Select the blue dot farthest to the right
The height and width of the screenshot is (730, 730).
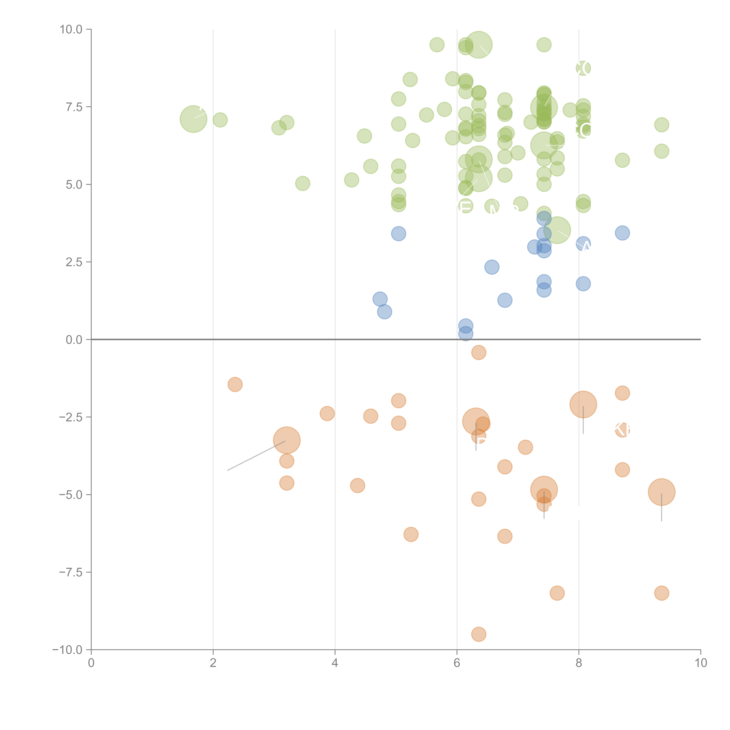[622, 233]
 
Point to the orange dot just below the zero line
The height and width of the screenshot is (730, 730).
[478, 353]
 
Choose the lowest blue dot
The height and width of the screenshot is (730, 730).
[465, 334]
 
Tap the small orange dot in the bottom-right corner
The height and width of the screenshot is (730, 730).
[661, 593]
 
